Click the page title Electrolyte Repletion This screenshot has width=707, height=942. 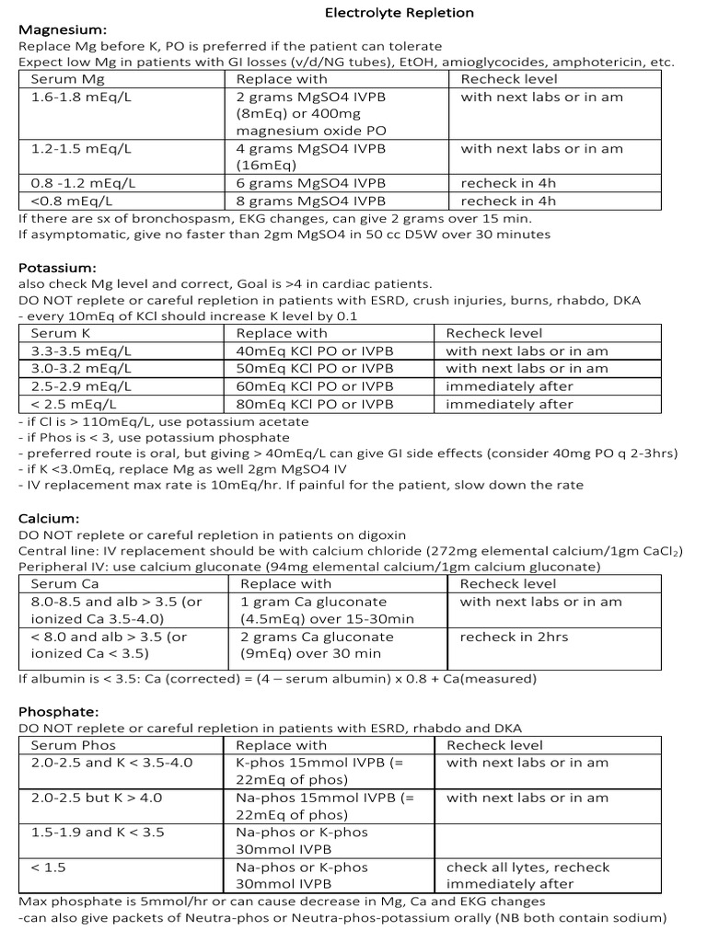point(399,13)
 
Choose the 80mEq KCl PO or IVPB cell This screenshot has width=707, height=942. point(314,404)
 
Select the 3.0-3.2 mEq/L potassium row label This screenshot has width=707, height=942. point(81,368)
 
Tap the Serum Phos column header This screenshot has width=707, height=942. point(73,745)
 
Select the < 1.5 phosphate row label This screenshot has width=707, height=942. point(48,867)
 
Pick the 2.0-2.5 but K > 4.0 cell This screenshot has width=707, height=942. point(96,798)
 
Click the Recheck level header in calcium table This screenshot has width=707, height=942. point(507,583)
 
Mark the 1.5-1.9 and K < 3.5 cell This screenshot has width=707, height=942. point(97,832)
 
